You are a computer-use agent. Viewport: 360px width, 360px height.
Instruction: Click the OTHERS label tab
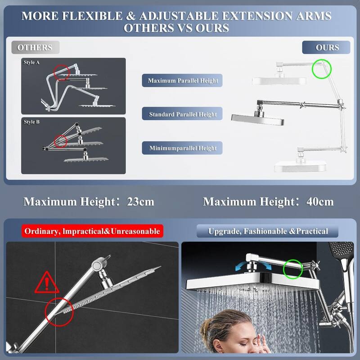pos(35,47)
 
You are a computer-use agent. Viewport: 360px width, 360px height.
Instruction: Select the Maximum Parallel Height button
pos(183,81)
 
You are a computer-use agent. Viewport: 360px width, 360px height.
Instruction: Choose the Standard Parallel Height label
pos(183,114)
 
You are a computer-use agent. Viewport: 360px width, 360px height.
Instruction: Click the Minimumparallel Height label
pos(183,148)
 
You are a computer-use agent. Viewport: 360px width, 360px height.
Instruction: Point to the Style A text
pos(32,63)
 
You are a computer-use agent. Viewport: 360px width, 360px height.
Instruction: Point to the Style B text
pos(32,121)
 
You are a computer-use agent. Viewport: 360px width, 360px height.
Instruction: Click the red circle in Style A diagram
pos(62,71)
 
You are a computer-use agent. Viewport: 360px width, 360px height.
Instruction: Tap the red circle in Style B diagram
pos(61,141)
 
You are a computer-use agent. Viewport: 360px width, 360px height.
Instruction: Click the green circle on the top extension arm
pos(321,68)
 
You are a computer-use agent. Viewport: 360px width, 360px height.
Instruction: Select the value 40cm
pos(319,201)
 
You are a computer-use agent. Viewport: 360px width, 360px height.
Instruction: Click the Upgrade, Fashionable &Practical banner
pos(268,231)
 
